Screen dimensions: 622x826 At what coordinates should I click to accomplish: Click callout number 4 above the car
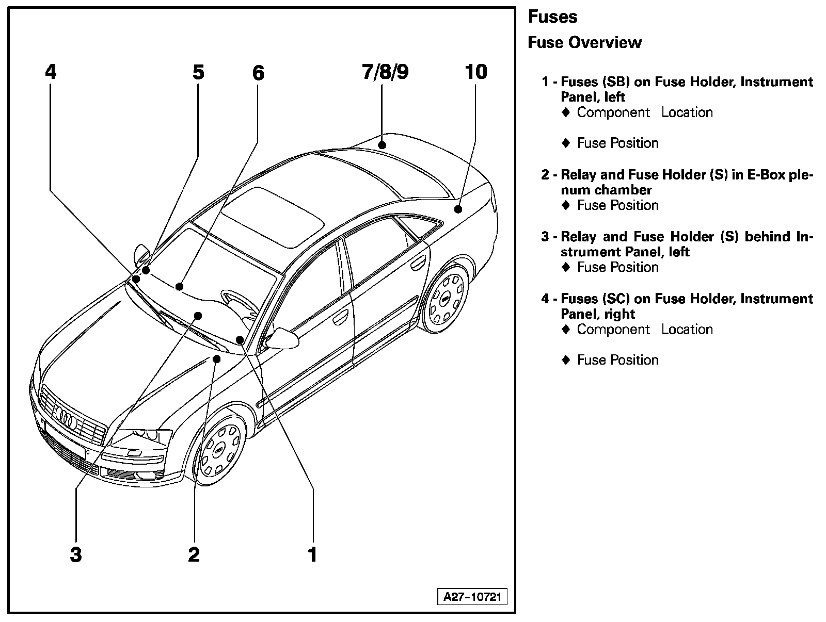tap(51, 72)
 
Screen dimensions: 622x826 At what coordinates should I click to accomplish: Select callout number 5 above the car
tap(199, 72)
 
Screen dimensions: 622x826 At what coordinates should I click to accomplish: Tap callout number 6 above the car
tap(258, 73)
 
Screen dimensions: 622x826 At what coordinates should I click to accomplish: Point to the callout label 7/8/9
tap(385, 72)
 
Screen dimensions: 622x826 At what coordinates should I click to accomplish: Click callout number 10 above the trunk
tap(476, 72)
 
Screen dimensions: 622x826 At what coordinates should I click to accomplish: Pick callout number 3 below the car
tap(76, 555)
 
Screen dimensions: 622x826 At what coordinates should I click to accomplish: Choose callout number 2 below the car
tap(194, 555)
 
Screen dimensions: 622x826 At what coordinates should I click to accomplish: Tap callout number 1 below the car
tap(312, 555)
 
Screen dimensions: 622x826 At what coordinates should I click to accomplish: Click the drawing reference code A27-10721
tap(472, 597)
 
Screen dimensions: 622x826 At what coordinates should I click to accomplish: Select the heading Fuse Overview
tap(584, 42)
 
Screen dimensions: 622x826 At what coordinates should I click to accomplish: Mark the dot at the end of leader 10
tap(458, 209)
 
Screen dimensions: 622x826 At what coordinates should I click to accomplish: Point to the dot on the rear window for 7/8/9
tap(382, 145)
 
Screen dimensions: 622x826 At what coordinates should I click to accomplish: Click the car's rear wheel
tap(446, 298)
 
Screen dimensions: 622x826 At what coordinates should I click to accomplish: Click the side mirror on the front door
tap(283, 338)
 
